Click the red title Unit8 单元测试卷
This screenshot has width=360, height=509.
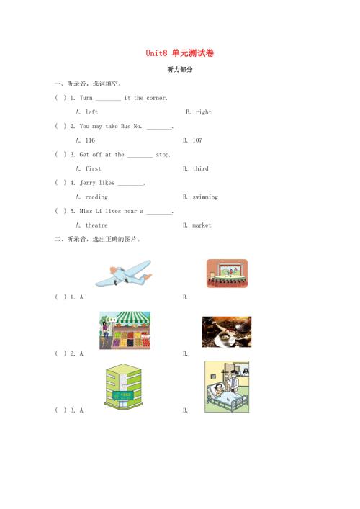[179, 53]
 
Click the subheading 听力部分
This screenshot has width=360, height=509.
[180, 69]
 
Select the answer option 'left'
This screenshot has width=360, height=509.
[91, 112]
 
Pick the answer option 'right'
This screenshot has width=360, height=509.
[203, 112]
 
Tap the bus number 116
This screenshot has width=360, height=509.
[90, 140]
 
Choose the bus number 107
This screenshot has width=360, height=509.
[197, 140]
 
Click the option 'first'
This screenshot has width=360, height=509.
[93, 168]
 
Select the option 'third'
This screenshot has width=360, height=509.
[200, 168]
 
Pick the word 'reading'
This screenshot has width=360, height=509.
[96, 197]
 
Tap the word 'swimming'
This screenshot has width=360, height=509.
[205, 197]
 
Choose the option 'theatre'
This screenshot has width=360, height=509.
[96, 225]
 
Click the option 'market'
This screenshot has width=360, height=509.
[202, 225]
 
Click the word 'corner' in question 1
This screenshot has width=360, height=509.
[156, 98]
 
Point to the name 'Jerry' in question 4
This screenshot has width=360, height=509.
[88, 183]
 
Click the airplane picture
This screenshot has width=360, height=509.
[123, 273]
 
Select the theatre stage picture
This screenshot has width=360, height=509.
[227, 274]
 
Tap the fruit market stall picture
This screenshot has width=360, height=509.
[125, 330]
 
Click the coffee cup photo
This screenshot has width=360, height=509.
[227, 332]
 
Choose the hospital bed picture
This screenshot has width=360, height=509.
[227, 387]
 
